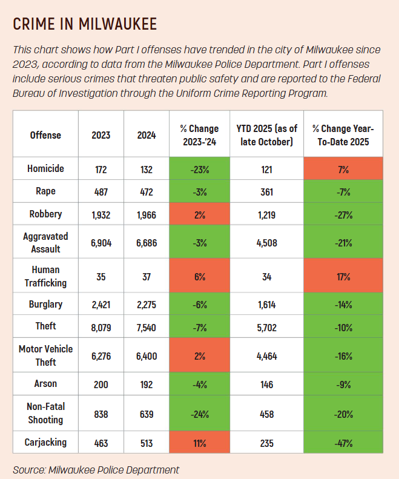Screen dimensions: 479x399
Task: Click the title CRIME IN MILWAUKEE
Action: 85,24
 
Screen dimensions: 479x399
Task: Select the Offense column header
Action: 45,134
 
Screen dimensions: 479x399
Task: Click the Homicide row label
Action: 45,169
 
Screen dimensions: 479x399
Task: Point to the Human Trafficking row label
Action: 45,276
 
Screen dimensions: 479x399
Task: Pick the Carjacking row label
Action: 45,443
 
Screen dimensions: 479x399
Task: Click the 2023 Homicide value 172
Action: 101,169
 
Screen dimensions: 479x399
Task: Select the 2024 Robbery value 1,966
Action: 147,214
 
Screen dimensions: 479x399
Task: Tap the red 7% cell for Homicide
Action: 343,169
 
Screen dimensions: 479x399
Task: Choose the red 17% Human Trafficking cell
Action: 343,276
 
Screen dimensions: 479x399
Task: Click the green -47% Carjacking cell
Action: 343,443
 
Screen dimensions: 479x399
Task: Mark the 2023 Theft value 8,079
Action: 101,328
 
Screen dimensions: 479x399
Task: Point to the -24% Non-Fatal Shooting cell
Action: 200,414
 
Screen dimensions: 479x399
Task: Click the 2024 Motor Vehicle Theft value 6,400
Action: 147,356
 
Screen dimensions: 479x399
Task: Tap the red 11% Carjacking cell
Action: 200,443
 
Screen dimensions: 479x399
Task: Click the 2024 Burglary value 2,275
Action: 147,305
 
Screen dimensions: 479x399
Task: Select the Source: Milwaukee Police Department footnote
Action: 96,469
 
